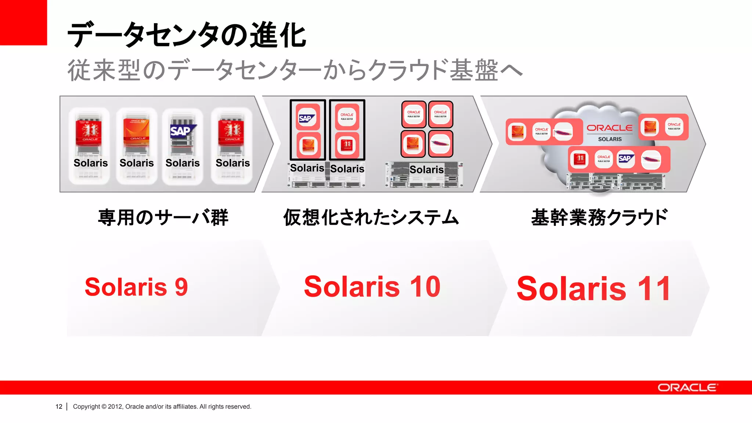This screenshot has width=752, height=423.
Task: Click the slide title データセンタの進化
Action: (187, 35)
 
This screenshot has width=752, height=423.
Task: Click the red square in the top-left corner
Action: (23, 22)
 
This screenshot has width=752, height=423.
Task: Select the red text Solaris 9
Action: (136, 287)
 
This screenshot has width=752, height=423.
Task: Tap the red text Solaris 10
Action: (372, 286)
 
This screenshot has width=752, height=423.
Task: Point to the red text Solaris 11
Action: (593, 289)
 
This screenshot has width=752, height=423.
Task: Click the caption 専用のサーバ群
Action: (163, 217)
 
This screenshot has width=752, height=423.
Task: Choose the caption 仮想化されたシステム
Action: (371, 217)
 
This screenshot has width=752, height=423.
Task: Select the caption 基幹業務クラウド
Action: (599, 217)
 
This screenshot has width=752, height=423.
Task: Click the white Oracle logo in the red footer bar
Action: (687, 388)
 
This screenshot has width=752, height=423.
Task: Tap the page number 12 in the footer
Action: (59, 406)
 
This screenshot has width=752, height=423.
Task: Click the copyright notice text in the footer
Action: (162, 406)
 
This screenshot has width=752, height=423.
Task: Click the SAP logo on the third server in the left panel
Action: (182, 131)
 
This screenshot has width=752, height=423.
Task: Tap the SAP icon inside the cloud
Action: (625, 159)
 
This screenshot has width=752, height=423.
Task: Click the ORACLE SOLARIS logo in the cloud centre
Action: (610, 132)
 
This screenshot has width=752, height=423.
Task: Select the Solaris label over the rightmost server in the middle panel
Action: (426, 170)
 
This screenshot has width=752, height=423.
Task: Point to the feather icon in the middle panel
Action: (440, 144)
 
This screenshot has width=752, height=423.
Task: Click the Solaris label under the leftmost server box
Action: (90, 163)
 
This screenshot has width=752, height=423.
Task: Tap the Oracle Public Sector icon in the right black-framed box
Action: (347, 116)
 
